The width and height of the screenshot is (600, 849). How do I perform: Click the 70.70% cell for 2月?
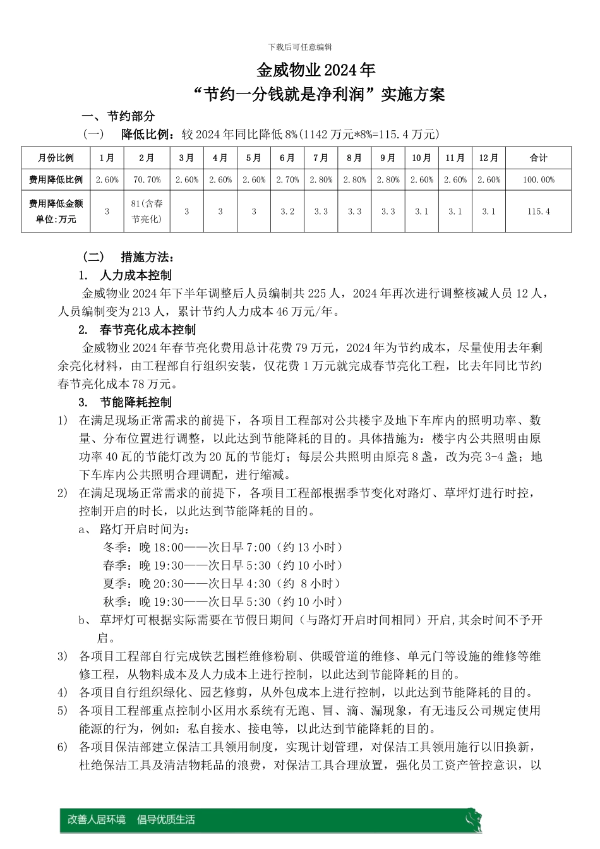(147, 180)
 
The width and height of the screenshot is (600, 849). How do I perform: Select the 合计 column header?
(538, 158)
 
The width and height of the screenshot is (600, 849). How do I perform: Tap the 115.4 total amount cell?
(538, 212)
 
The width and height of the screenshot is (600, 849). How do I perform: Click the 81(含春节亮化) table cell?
(147, 212)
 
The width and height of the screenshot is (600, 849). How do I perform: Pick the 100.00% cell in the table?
(538, 180)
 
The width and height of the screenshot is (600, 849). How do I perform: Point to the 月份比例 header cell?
(56, 158)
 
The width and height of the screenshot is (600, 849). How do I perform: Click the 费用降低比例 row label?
(56, 180)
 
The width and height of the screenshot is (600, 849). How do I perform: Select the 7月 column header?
(321, 158)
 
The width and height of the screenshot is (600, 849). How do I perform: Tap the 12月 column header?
(488, 158)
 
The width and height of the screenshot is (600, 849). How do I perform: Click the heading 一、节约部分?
(119, 116)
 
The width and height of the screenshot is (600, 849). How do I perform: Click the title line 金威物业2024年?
(316, 70)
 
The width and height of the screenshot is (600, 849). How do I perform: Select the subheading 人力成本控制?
(135, 275)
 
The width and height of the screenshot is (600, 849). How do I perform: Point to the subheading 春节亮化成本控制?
(147, 330)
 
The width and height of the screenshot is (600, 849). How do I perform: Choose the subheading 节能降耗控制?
(135, 402)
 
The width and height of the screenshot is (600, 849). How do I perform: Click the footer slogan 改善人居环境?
(97, 819)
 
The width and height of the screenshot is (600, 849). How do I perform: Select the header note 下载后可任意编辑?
(300, 47)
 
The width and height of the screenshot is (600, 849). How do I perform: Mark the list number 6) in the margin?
(63, 747)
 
